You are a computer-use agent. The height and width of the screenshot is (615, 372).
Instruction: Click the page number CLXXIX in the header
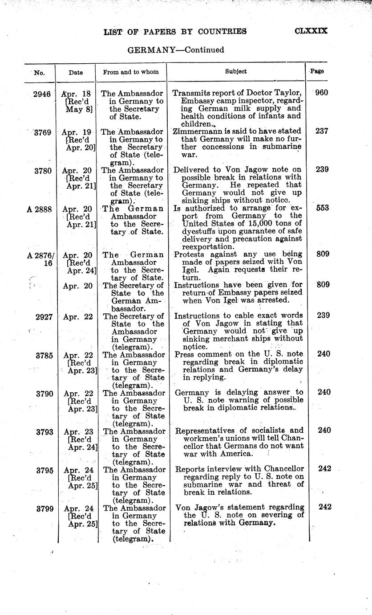(311, 31)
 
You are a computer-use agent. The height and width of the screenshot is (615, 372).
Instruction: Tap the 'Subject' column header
(235, 71)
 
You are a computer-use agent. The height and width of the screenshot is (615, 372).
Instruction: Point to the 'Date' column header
(76, 72)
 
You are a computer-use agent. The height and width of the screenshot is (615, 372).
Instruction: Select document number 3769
(41, 132)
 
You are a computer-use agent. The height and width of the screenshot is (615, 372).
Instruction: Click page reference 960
(321, 94)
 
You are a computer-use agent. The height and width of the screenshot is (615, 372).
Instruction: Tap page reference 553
(321, 208)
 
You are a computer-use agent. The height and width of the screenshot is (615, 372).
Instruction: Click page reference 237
(321, 131)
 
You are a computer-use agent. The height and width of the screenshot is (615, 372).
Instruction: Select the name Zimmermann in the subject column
(196, 132)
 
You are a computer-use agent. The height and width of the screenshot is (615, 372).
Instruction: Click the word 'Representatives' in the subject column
(205, 431)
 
